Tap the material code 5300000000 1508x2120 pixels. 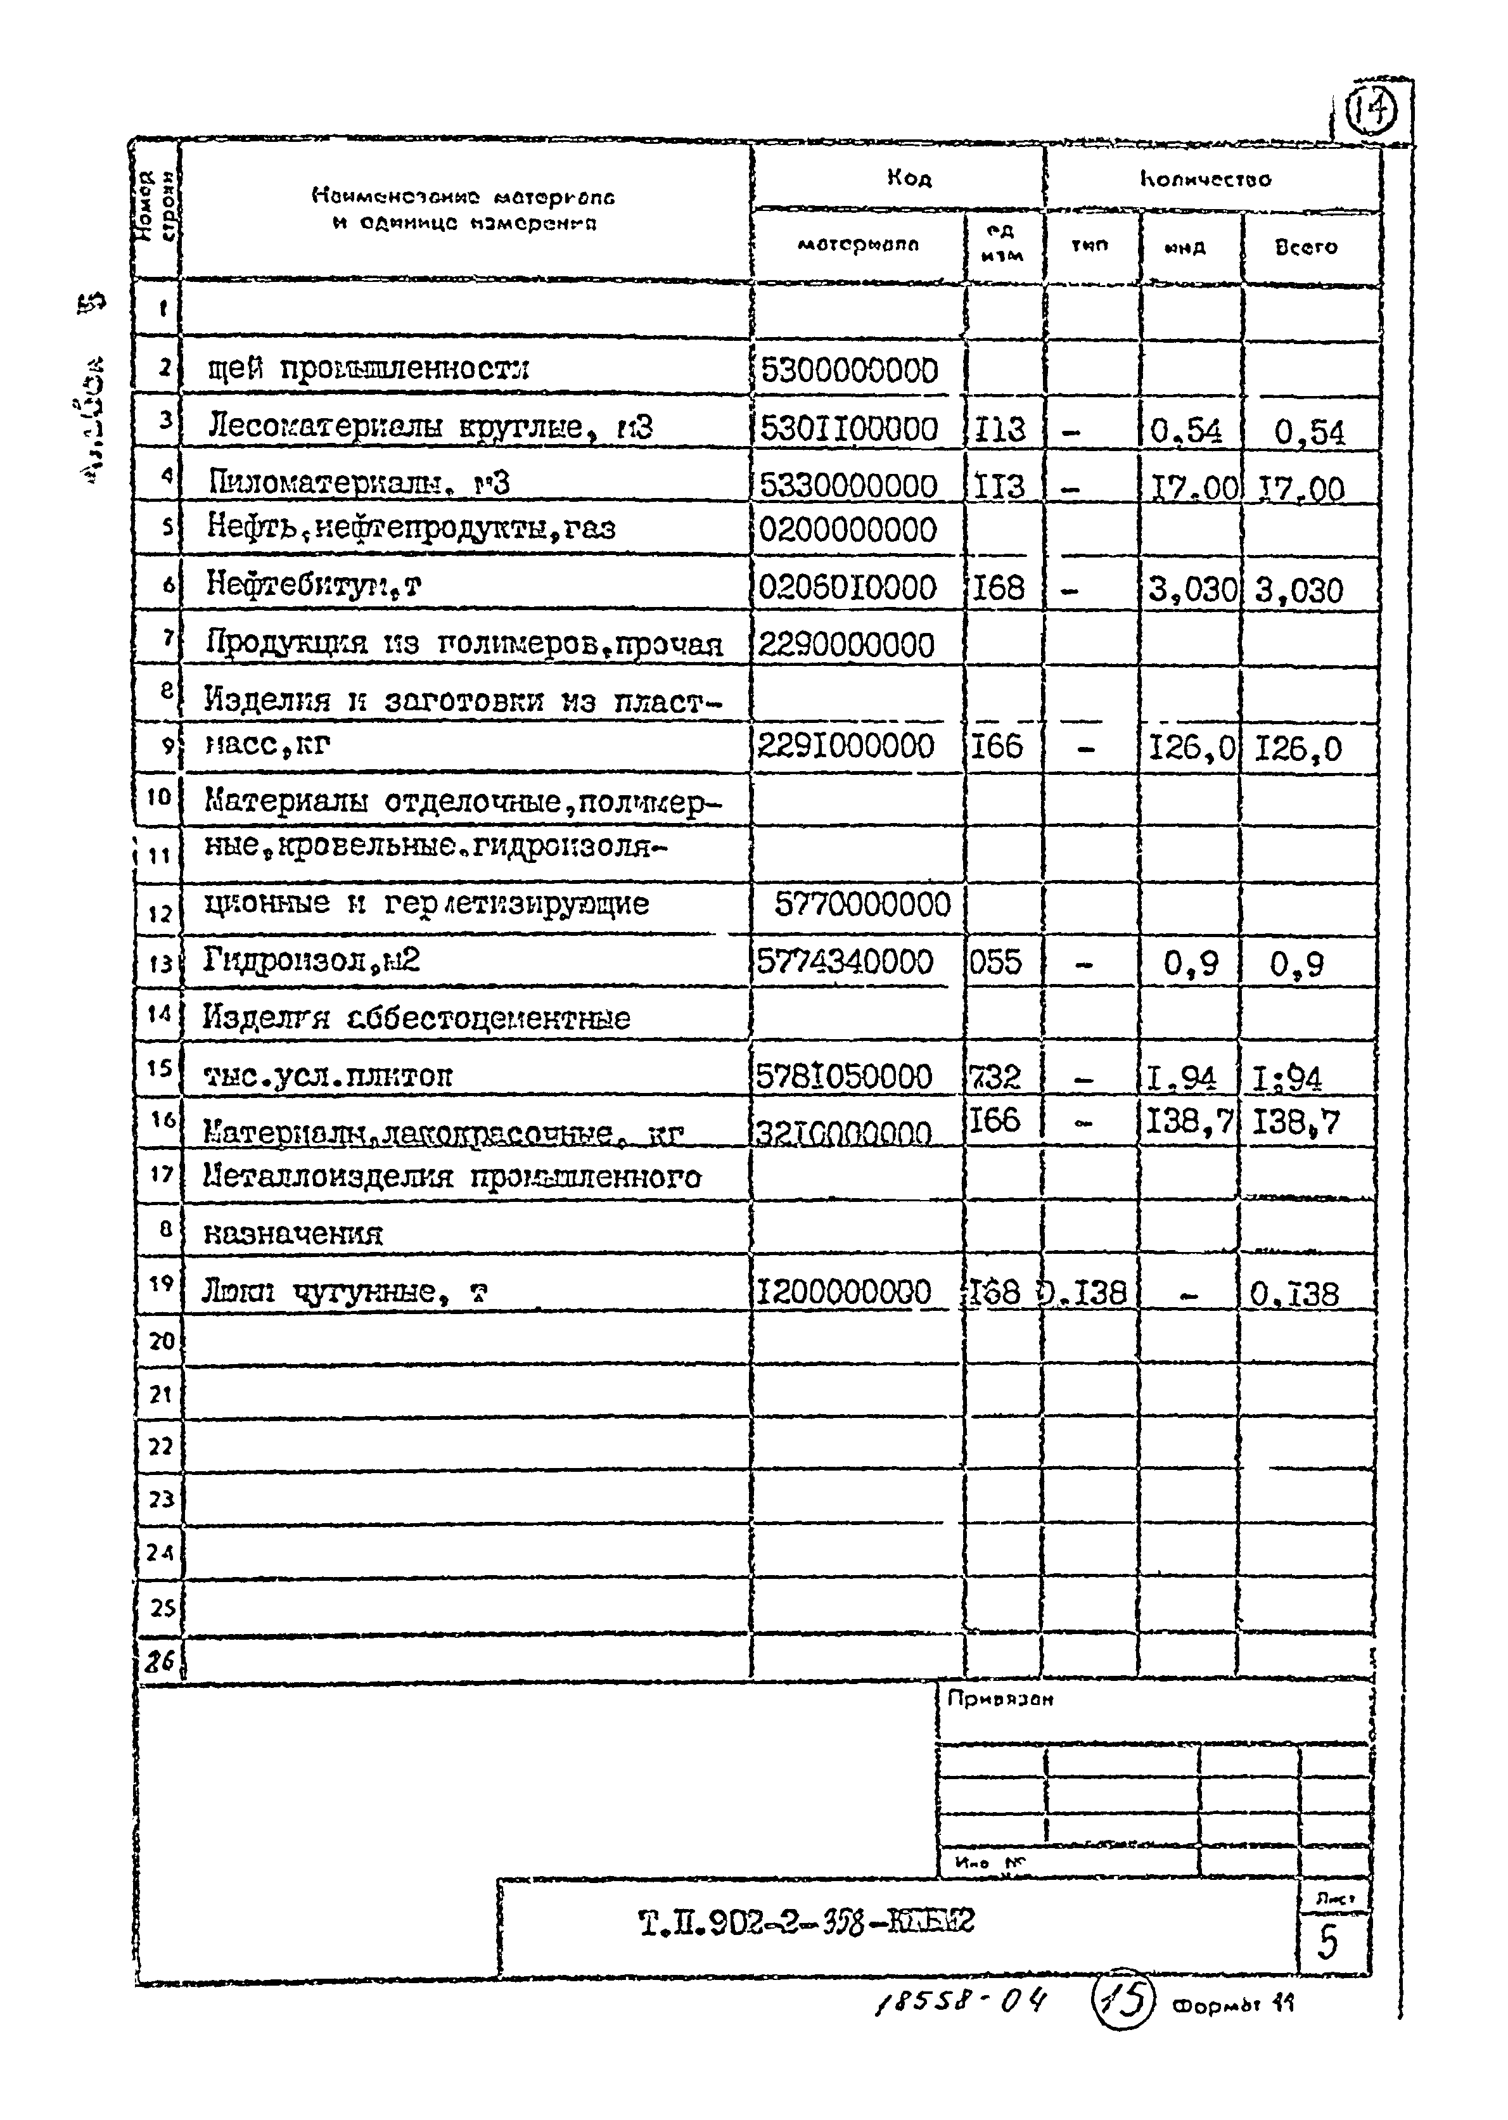pyautogui.click(x=848, y=371)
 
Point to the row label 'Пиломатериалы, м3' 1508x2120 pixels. pyautogui.click(x=359, y=483)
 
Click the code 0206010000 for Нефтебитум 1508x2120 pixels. pyautogui.click(x=847, y=587)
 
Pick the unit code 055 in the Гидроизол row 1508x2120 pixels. pyautogui.click(x=995, y=961)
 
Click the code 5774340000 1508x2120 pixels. pyautogui.click(x=845, y=961)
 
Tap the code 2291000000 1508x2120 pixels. pyautogui.click(x=846, y=746)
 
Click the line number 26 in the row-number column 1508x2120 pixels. pyautogui.click(x=160, y=1661)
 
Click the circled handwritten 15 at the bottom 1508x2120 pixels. pyautogui.click(x=1121, y=1998)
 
